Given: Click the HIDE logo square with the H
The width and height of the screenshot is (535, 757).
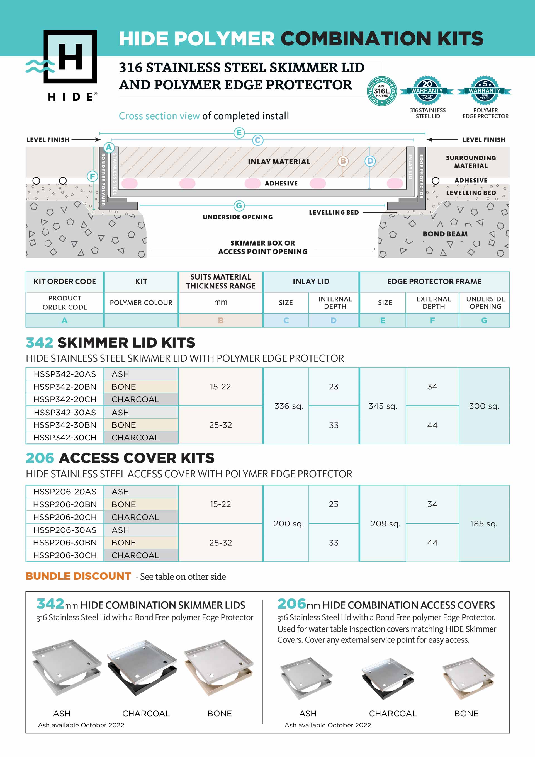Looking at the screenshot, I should click(70, 56).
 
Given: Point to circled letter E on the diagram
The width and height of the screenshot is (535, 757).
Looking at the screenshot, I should click(239, 133).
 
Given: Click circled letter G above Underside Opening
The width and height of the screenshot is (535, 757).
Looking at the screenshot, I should click(239, 206).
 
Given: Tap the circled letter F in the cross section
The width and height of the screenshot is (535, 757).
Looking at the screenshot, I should click(92, 176).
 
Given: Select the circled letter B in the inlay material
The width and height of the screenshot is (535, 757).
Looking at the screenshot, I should click(343, 161).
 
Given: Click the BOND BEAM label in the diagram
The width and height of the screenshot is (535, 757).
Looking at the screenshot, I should click(445, 234).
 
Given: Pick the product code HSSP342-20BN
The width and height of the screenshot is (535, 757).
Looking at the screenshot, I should click(65, 387).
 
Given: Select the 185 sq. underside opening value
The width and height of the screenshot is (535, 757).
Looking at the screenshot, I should click(484, 523).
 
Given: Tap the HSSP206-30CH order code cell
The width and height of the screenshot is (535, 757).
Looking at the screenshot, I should click(65, 555).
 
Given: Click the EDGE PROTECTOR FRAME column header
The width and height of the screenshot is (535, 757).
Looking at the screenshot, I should click(434, 282).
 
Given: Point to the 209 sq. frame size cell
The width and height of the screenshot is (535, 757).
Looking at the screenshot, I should click(385, 523).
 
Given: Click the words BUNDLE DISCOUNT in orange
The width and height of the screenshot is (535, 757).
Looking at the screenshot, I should click(79, 576).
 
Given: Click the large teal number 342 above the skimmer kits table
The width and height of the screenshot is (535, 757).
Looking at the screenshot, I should click(39, 343).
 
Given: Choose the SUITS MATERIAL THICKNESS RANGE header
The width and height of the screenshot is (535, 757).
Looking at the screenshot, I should click(220, 282).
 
